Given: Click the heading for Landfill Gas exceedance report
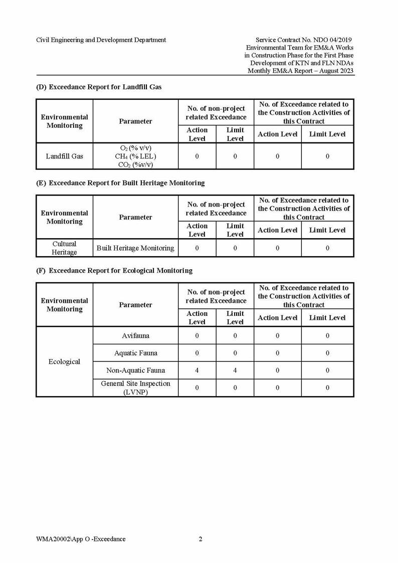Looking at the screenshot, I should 99,87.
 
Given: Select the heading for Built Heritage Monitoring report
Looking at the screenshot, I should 120,183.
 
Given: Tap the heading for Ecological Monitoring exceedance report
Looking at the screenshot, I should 114,271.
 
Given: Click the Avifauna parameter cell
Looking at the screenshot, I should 135,335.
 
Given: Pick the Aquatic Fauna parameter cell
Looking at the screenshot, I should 135,353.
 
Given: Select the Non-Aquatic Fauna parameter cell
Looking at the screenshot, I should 135,370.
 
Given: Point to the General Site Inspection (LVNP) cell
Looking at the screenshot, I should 135,388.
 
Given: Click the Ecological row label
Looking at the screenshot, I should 64,361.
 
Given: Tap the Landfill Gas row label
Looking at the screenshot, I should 64,156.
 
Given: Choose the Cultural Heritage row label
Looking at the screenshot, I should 64,248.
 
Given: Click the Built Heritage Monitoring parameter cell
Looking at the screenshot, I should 135,248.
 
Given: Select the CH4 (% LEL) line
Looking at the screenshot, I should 135,156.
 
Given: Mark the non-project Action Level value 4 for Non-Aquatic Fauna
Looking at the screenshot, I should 197,370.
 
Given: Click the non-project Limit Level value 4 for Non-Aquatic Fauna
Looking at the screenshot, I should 235,370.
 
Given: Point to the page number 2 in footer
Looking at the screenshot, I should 201,539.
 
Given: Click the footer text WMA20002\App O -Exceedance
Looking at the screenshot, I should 81,539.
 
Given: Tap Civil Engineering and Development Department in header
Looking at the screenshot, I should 101,40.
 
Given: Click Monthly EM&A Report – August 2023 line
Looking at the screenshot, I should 301,71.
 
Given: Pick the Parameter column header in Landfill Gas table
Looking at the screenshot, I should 135,121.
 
